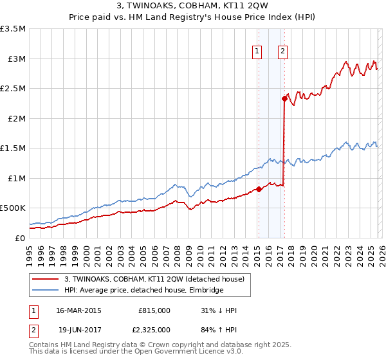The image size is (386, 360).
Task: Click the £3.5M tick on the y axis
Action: click(x=13, y=29)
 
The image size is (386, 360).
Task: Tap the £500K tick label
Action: click(x=13, y=208)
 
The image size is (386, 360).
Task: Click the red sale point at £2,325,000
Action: click(x=284, y=99)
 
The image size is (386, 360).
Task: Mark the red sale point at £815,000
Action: click(x=259, y=189)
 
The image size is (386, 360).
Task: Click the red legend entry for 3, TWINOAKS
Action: click(x=154, y=279)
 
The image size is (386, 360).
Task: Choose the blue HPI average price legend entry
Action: click(x=143, y=291)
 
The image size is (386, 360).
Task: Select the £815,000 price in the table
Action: click(x=154, y=310)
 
